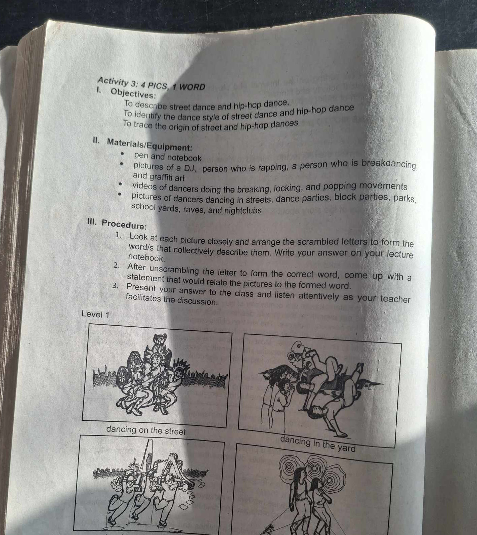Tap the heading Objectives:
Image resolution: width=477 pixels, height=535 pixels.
pyautogui.click(x=133, y=93)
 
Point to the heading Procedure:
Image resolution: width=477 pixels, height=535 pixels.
pyautogui.click(x=124, y=224)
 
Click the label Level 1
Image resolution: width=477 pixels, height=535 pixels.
pyautogui.click(x=96, y=315)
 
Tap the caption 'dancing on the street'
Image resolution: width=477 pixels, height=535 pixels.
pyautogui.click(x=146, y=430)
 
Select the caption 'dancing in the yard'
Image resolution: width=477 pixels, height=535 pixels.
pyautogui.click(x=317, y=443)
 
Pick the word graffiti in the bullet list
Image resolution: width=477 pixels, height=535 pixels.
pyautogui.click(x=161, y=177)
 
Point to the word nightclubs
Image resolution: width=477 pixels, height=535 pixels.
pyautogui.click(x=243, y=210)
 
